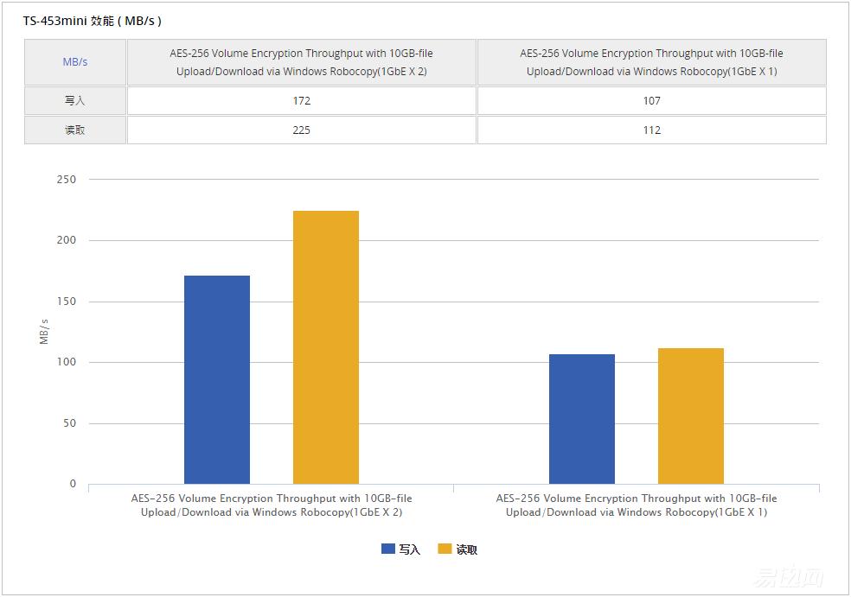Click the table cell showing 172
301,101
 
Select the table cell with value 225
301,130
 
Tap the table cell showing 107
651,101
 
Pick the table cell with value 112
651,130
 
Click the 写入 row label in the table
75,101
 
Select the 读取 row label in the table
75,130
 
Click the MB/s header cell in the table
75,62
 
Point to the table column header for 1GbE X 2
301,62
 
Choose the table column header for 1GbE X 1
651,62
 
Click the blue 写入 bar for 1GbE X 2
217,380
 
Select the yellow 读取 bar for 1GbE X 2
326,347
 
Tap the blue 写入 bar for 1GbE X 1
582,419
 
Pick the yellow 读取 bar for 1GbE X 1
691,416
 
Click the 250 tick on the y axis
67,180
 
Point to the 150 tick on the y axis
67,302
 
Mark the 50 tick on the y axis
69,423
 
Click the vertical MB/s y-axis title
44,332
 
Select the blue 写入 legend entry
400,549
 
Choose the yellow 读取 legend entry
457,549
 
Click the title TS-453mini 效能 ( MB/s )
93,21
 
